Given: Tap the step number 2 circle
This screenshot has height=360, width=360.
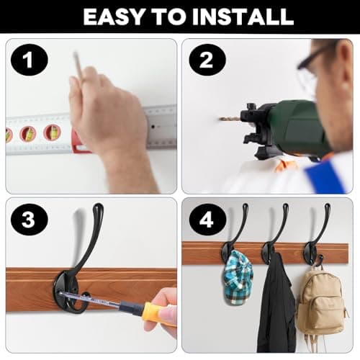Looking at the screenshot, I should click(207, 60).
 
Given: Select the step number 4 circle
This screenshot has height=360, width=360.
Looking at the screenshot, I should click(207, 220).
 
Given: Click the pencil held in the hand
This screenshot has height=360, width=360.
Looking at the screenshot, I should click(78, 65).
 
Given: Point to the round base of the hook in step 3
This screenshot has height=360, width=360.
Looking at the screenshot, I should click(72, 292).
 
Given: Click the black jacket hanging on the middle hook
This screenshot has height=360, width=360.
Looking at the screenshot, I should click(276, 302).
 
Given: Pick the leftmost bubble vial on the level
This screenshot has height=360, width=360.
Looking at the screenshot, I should click(9, 135).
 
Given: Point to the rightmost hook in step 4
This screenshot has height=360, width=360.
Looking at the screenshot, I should click(317, 238).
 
